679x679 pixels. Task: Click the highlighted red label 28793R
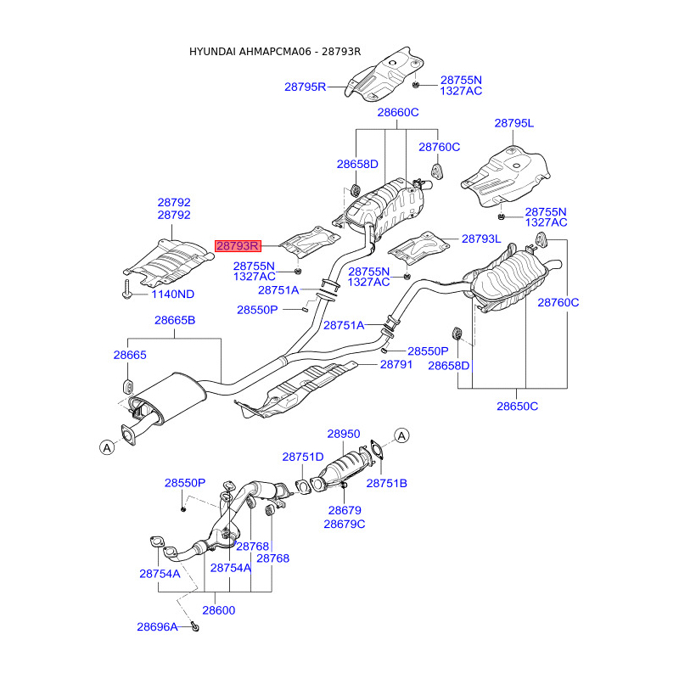click(x=238, y=246)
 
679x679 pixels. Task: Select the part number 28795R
click(x=305, y=87)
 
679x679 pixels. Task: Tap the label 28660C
click(x=398, y=113)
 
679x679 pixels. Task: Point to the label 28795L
click(x=514, y=123)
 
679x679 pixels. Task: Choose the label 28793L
click(x=481, y=239)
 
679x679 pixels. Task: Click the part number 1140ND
click(x=173, y=295)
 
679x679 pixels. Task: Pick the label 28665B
click(x=175, y=321)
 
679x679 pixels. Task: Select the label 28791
click(x=396, y=365)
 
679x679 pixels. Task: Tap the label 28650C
click(x=518, y=407)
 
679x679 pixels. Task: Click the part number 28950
click(x=344, y=434)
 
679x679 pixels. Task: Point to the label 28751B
click(x=387, y=484)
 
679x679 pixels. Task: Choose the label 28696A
click(x=157, y=627)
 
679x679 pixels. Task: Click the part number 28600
click(x=219, y=610)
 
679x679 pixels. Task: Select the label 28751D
click(x=303, y=457)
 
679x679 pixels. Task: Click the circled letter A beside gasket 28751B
click(x=401, y=436)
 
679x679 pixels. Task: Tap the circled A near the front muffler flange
click(x=107, y=447)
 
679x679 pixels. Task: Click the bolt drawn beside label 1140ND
click(x=127, y=289)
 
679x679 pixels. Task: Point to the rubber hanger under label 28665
click(x=128, y=386)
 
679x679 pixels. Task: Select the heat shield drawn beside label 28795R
click(x=384, y=75)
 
